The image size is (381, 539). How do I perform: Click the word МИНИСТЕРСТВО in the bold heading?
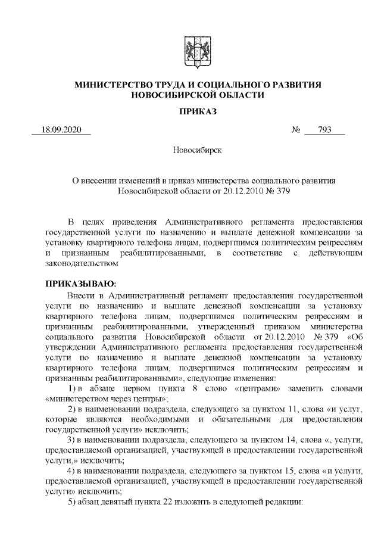110,85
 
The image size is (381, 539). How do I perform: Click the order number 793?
324,130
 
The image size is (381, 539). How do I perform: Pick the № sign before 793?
296,130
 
